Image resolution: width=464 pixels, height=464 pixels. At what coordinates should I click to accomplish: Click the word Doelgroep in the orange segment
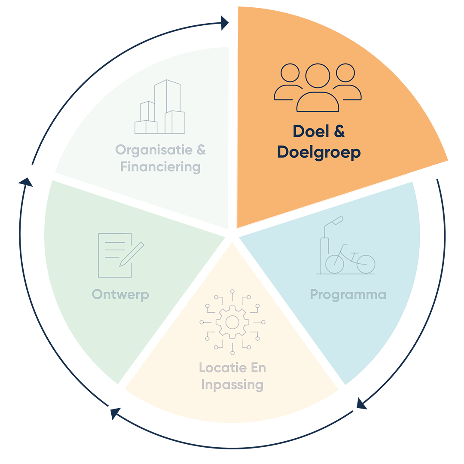coord(319,153)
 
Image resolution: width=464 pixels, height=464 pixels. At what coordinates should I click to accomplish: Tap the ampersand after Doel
coord(339,131)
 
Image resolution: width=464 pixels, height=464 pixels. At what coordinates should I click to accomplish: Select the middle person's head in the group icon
coord(318,76)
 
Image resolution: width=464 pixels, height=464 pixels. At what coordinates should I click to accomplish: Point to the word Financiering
coord(160,167)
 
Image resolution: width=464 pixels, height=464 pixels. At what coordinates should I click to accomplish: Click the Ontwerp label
coord(120,295)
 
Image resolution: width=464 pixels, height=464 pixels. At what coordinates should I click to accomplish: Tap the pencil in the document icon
coord(132,254)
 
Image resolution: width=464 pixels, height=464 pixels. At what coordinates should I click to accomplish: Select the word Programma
coord(348,295)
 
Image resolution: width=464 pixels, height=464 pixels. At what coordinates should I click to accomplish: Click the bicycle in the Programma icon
coord(350,259)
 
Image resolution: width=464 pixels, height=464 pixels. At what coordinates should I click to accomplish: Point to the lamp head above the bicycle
coord(337,220)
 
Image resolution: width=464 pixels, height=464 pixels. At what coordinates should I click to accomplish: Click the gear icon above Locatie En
coord(232,322)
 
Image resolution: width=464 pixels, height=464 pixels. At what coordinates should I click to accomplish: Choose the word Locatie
coord(219,368)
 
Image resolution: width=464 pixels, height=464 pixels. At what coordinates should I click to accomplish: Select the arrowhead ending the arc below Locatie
coord(115,413)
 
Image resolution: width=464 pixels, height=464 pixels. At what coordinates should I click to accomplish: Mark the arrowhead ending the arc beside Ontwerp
coord(26,182)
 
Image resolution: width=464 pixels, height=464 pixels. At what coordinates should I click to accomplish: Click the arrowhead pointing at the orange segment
coord(225,23)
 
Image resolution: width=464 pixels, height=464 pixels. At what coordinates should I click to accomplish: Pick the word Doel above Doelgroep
coord(311,131)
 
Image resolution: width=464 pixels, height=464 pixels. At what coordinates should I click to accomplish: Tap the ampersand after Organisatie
coord(201,150)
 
